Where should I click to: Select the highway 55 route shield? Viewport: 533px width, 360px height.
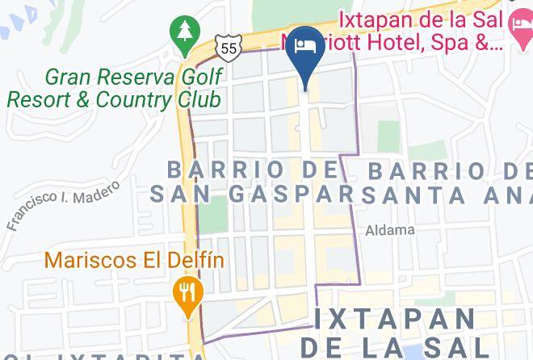pyautogui.click(x=228, y=49)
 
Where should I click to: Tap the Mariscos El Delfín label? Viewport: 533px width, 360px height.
pyautogui.click(x=134, y=261)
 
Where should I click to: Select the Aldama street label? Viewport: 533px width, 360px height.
pyautogui.click(x=390, y=230)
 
